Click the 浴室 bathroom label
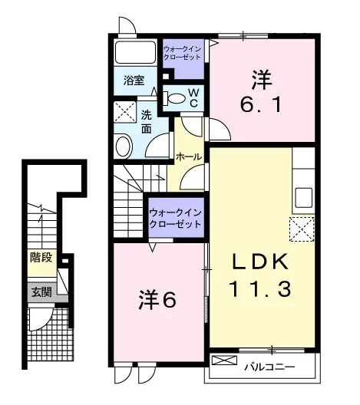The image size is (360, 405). tap(134, 81)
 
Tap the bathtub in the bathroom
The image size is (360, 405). tap(135, 52)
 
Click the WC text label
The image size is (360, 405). tap(193, 98)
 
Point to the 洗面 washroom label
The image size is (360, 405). tap(147, 122)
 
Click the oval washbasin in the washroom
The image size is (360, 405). tap(124, 147)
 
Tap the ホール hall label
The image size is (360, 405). tap(189, 156)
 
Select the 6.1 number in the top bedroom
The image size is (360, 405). tap(261, 104)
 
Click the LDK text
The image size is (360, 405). tap(260, 262)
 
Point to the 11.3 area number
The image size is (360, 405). tap(260, 288)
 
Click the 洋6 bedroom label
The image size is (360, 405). tap(157, 300)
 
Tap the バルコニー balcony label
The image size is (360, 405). tap(269, 367)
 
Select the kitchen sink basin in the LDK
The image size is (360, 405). tap(304, 198)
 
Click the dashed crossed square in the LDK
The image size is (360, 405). tap(302, 229)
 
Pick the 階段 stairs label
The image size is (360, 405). tap(41, 257)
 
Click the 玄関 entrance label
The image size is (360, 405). tap(41, 292)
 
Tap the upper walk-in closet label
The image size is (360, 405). tap(183, 53)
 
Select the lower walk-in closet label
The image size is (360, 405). tap(176, 219)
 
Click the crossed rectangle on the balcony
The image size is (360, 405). tap(224, 360)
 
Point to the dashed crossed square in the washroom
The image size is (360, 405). tap(125, 112)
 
